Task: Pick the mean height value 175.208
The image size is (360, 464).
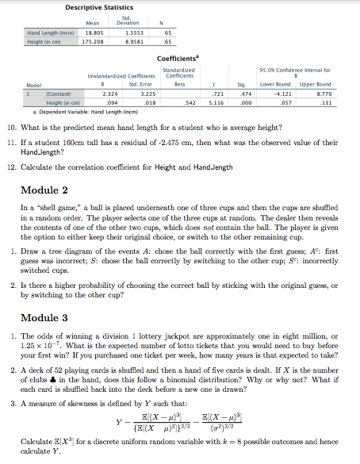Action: tap(95, 41)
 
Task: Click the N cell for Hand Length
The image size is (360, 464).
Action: tap(161, 33)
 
